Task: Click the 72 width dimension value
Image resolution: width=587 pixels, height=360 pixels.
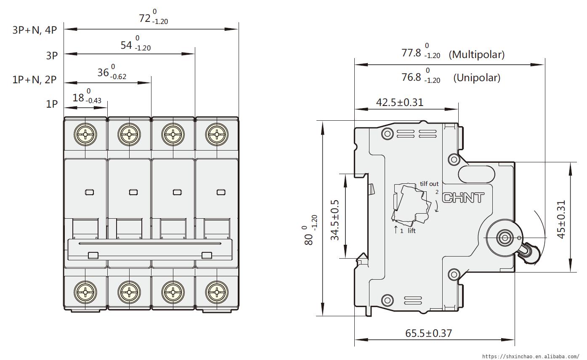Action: click(145, 19)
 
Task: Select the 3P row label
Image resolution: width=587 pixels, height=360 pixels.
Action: click(52, 56)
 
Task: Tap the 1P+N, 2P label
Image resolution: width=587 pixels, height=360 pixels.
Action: click(35, 79)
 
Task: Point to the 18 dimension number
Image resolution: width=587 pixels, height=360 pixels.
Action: click(78, 98)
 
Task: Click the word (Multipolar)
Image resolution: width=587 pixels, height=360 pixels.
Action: click(476, 54)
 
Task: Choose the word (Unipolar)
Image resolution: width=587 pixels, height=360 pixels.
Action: click(477, 78)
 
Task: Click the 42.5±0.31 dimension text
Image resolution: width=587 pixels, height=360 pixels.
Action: click(400, 102)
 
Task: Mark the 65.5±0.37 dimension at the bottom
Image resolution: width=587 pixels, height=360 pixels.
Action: click(428, 334)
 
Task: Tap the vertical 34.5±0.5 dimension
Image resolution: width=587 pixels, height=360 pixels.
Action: click(335, 220)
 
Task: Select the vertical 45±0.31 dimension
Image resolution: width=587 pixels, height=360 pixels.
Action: click(561, 220)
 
